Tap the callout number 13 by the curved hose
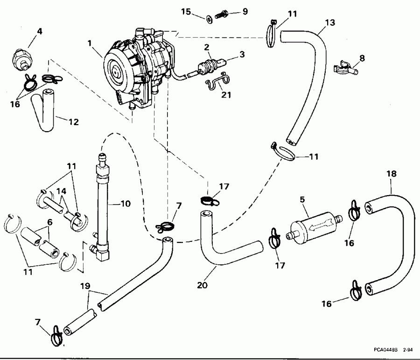coord(329,22)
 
